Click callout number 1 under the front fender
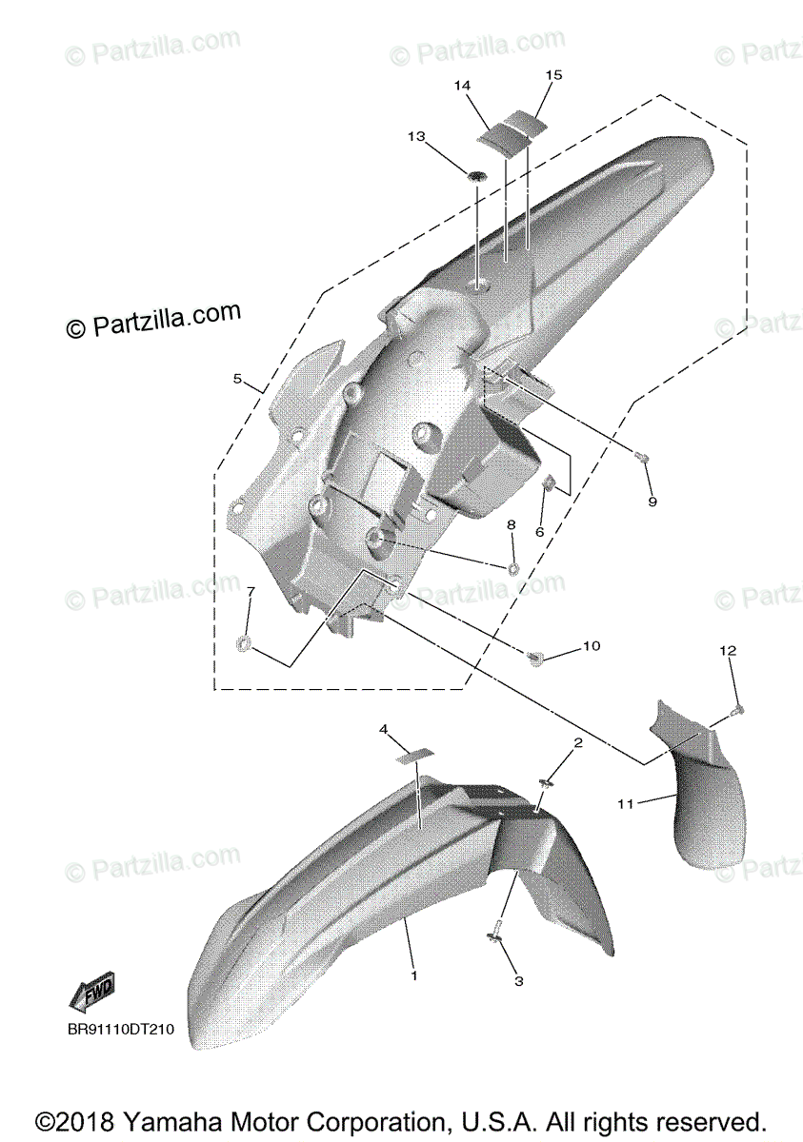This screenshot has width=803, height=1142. coord(414,975)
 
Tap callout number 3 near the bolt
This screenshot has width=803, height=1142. coord(518,981)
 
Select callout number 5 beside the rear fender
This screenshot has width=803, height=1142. coord(238,379)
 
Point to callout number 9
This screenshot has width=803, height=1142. coord(652,502)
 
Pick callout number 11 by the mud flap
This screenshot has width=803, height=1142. coord(625,804)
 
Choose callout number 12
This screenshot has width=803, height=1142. coord(728,651)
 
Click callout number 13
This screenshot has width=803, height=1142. coord(416,137)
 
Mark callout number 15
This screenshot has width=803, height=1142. coord(553,74)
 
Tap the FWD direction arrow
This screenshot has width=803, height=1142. coord(92,994)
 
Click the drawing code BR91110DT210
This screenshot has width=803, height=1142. coord(121,1029)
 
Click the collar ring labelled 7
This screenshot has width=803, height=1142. coord(244,646)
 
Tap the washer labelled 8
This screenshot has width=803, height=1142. coord(513,569)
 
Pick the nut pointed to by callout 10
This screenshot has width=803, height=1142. coord(536,656)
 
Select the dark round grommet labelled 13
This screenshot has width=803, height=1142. coord(475,174)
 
